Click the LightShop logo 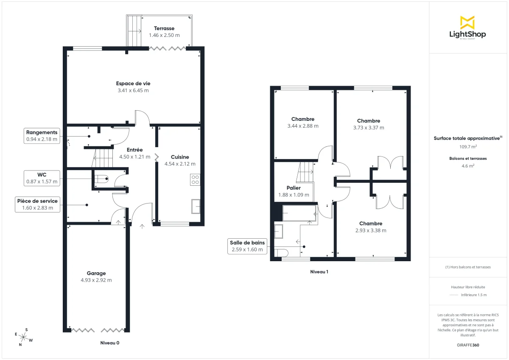[467, 28]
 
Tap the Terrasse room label [164, 28]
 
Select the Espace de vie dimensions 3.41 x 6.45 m [133, 90]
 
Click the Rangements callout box [42, 136]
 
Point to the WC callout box [42, 178]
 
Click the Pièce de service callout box [37, 204]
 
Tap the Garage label [96, 273]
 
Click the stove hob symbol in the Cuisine [195, 179]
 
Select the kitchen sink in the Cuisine [196, 207]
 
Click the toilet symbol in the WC [102, 179]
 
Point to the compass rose [23, 337]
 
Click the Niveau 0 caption [110, 343]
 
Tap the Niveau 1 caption [319, 271]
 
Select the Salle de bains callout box [247, 246]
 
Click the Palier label [294, 188]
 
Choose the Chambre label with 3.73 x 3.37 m [369, 121]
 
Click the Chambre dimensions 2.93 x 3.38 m [371, 231]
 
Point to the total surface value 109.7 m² [468, 147]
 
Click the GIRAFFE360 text [468, 345]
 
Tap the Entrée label [134, 150]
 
